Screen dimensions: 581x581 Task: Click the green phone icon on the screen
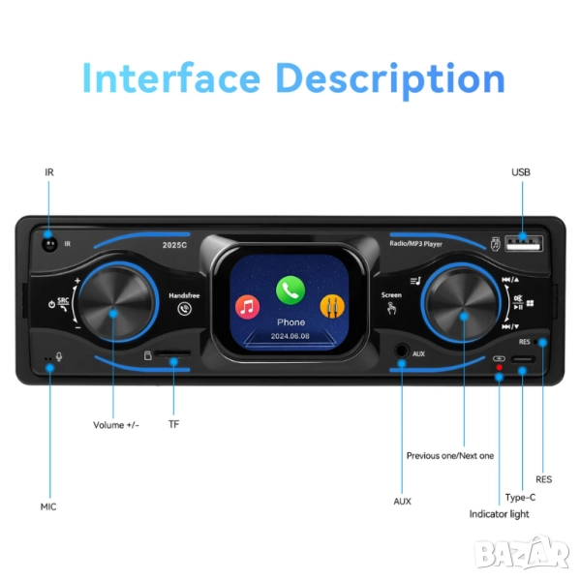[x=290, y=289]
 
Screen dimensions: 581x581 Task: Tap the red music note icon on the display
[x=248, y=308]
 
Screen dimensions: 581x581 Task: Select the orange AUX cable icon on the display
[x=333, y=308]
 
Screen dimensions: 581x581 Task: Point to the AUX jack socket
[x=401, y=353]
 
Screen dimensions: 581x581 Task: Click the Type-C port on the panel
[x=523, y=360]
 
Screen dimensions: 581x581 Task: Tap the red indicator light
[x=500, y=369]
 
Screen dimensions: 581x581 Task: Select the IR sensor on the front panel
[x=47, y=244]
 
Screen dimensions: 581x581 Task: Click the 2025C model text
[x=174, y=245]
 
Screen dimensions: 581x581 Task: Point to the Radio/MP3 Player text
[x=416, y=245]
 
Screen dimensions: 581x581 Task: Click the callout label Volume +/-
[x=115, y=425]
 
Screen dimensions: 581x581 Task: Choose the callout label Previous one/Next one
[x=449, y=455]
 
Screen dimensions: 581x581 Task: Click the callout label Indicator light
[x=499, y=514]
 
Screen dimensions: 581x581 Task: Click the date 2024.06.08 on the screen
[x=290, y=337]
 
